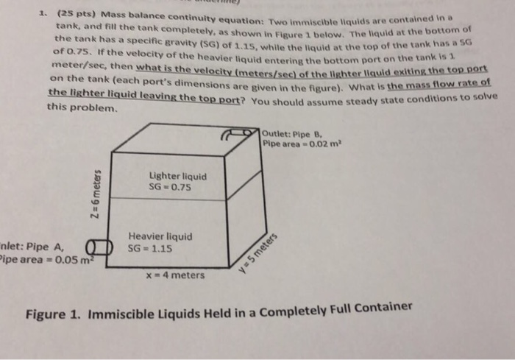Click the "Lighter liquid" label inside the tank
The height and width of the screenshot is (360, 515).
point(177,177)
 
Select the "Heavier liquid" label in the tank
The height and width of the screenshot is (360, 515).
point(160,237)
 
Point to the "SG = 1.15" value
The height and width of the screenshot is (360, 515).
point(150,248)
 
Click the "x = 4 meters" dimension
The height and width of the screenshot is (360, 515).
point(174,275)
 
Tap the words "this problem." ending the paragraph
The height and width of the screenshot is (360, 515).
point(81,107)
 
